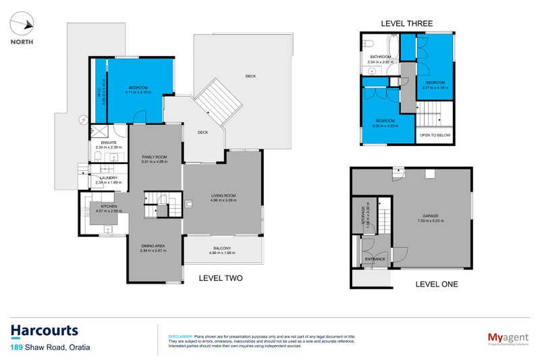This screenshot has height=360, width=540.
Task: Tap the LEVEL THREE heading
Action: point(406,23)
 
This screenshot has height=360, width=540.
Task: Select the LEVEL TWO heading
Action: point(220,278)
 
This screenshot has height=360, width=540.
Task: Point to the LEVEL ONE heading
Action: point(435,284)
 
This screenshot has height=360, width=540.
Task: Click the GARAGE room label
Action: point(429,215)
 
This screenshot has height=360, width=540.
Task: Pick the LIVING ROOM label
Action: point(222,196)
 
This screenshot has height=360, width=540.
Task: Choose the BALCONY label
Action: point(222,247)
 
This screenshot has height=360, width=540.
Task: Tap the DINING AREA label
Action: point(153,246)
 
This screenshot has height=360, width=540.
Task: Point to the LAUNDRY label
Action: point(109,178)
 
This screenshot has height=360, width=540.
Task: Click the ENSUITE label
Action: point(109,143)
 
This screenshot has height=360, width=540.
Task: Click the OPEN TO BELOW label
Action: point(435,135)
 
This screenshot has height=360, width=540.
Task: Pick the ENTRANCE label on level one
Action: point(375,259)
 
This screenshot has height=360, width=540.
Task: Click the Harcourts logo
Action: point(45,331)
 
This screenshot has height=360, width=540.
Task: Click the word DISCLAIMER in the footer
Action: point(180,336)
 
